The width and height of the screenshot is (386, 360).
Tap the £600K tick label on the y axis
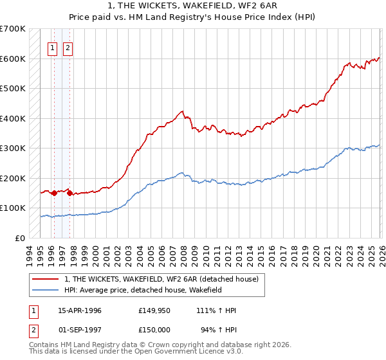click(x=13, y=59)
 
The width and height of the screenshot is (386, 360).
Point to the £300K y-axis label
click(x=13, y=148)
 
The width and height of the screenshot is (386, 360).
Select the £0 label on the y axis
click(x=19, y=238)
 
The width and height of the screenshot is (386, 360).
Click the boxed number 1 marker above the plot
click(x=52, y=47)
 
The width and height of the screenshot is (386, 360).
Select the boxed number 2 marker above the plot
click(x=68, y=47)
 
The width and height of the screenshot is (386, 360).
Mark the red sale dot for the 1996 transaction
click(x=54, y=193)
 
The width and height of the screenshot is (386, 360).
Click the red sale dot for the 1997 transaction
click(x=69, y=193)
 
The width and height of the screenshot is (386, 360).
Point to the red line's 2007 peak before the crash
click(x=183, y=112)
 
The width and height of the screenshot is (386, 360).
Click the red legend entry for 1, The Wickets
click(x=161, y=279)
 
